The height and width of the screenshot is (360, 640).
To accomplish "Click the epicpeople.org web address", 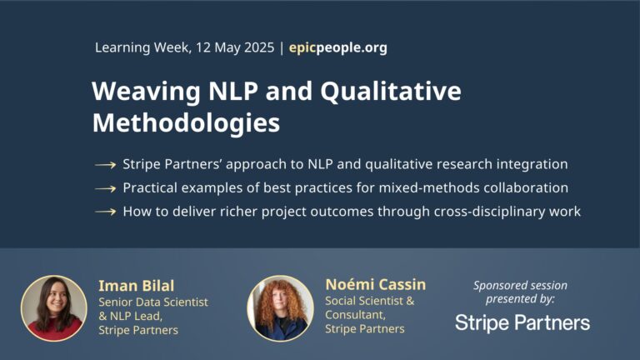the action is click(x=338, y=47).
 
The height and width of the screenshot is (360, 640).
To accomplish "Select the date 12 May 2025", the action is click(x=235, y=47).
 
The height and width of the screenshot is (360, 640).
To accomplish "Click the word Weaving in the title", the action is click(x=146, y=92).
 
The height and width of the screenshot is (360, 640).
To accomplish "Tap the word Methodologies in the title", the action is click(x=186, y=122).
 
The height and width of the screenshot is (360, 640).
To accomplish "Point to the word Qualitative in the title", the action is click(x=391, y=91).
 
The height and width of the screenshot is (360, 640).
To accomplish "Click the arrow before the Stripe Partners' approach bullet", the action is click(x=105, y=165).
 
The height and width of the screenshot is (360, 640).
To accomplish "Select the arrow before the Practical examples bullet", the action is click(x=105, y=188).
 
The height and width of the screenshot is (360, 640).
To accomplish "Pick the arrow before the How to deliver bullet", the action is click(x=105, y=212).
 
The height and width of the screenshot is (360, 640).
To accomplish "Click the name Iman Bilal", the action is click(x=137, y=286).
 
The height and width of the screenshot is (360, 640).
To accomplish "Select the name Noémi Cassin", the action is click(x=376, y=284).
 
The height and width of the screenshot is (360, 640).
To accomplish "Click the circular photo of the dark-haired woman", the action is click(x=54, y=308).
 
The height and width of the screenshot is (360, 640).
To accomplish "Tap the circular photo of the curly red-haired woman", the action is click(x=280, y=307).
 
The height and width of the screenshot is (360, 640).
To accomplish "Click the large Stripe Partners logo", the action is click(x=522, y=322).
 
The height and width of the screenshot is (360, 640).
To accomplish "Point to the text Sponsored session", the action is click(x=520, y=285).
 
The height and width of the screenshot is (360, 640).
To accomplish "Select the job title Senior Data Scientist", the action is click(x=153, y=302).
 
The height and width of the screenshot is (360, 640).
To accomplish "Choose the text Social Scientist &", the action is click(x=370, y=301).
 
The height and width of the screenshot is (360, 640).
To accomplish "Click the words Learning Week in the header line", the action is click(x=142, y=47).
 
